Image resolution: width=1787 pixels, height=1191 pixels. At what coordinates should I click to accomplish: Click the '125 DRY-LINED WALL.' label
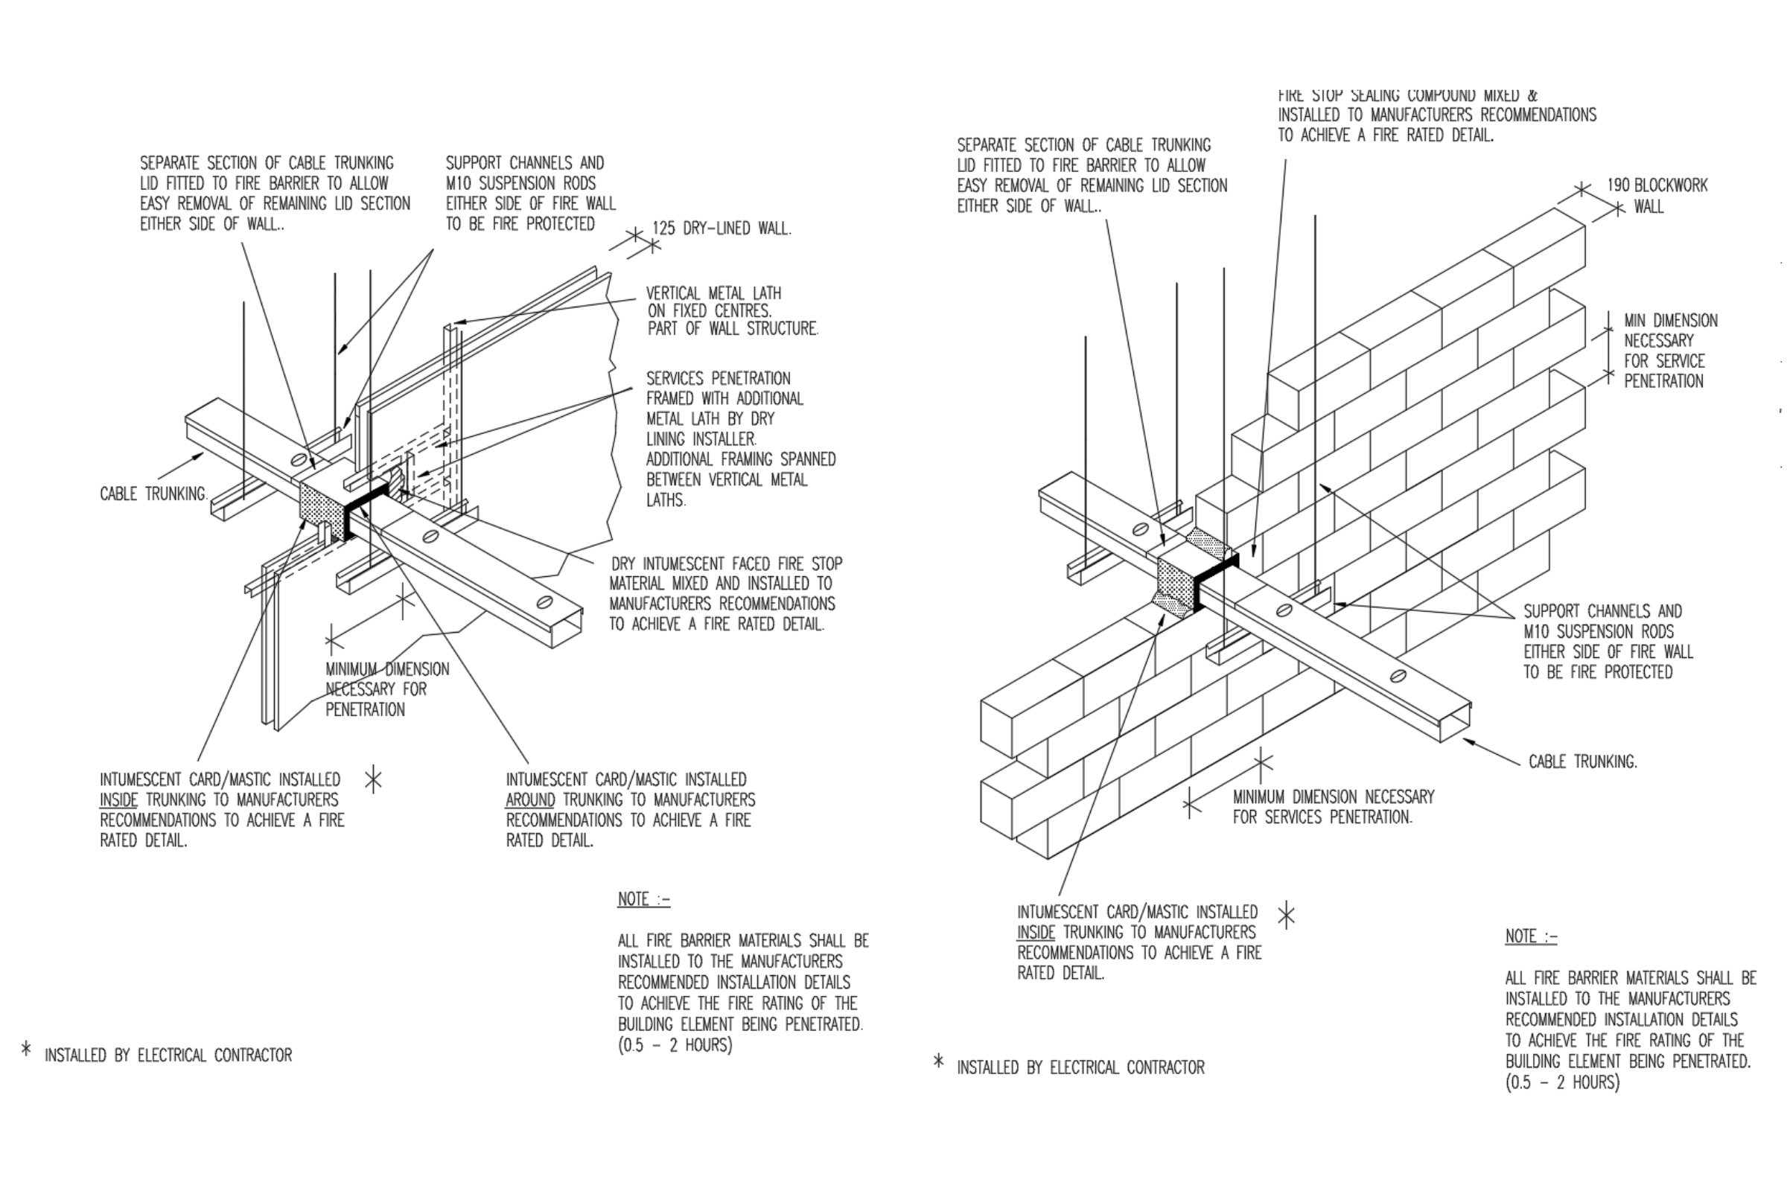pos(721,229)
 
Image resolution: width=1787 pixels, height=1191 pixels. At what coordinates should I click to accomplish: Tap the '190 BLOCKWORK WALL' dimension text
pos(1656,196)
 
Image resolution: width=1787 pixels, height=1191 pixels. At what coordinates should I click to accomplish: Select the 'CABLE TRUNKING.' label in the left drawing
pos(153,494)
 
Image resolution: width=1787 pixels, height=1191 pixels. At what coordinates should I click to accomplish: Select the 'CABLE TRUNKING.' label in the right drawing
pos(1583,761)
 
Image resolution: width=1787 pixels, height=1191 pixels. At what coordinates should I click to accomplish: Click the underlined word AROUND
pos(530,799)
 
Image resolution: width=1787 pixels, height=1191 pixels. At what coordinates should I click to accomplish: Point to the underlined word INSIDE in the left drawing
pos(119,799)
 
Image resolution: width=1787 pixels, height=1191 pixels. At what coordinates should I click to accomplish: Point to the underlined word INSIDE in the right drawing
pos(1036,932)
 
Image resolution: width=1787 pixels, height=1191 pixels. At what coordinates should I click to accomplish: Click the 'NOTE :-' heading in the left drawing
pos(643,899)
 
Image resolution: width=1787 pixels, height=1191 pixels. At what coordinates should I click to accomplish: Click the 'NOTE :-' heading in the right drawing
pos(1531,936)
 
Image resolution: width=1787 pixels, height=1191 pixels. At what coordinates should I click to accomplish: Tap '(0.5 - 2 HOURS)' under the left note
pos(675,1045)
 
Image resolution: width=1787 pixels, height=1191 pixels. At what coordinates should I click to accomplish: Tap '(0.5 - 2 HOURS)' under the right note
pos(1562,1082)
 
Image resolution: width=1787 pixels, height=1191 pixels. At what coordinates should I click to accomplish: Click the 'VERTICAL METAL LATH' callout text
pos(713,293)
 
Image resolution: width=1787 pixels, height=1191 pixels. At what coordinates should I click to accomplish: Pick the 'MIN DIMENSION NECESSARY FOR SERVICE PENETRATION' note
pos(1670,351)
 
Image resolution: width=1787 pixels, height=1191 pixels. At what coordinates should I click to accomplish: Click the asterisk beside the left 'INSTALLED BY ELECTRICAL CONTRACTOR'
pos(27,1050)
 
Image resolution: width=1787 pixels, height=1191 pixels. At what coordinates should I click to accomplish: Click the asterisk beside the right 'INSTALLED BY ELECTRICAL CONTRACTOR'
pos(939,1062)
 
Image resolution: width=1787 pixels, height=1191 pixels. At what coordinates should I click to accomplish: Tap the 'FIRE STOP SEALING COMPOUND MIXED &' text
pos(1407,96)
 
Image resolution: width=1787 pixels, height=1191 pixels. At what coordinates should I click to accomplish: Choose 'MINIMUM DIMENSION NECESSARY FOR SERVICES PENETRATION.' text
pos(1333,807)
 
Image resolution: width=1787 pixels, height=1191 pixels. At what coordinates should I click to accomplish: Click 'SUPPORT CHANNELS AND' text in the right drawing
pos(1602,611)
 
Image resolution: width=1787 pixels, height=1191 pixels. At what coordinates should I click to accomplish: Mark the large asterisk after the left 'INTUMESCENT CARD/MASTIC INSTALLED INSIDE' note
pos(373,780)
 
